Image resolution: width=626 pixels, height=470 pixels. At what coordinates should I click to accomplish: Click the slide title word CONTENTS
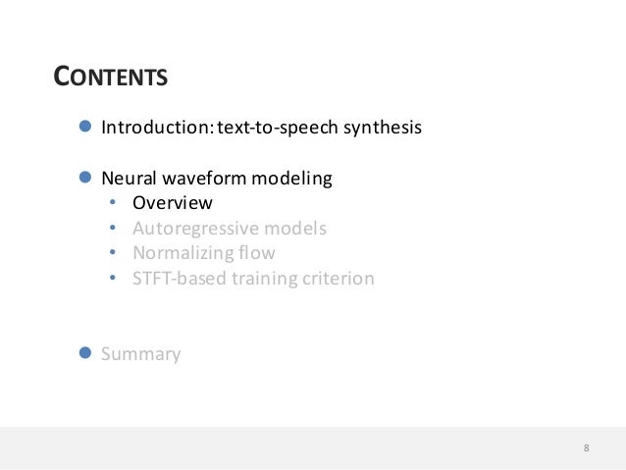click(x=110, y=77)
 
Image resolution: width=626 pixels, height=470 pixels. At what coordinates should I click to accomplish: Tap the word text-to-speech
click(x=267, y=128)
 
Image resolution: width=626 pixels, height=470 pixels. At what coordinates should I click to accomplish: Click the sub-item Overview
click(x=173, y=204)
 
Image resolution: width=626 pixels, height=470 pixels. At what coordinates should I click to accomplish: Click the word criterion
click(x=336, y=279)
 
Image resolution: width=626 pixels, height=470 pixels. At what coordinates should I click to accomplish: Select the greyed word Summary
click(x=141, y=354)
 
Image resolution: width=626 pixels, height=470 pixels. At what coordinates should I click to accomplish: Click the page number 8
click(x=586, y=448)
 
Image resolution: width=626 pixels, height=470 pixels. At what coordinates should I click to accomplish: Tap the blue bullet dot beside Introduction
click(x=84, y=128)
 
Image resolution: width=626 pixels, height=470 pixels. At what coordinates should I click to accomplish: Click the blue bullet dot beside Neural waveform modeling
click(x=84, y=179)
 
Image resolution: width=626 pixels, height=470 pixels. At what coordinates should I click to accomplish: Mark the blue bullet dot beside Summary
click(x=84, y=353)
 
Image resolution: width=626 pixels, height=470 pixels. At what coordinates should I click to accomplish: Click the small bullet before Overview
click(x=113, y=204)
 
